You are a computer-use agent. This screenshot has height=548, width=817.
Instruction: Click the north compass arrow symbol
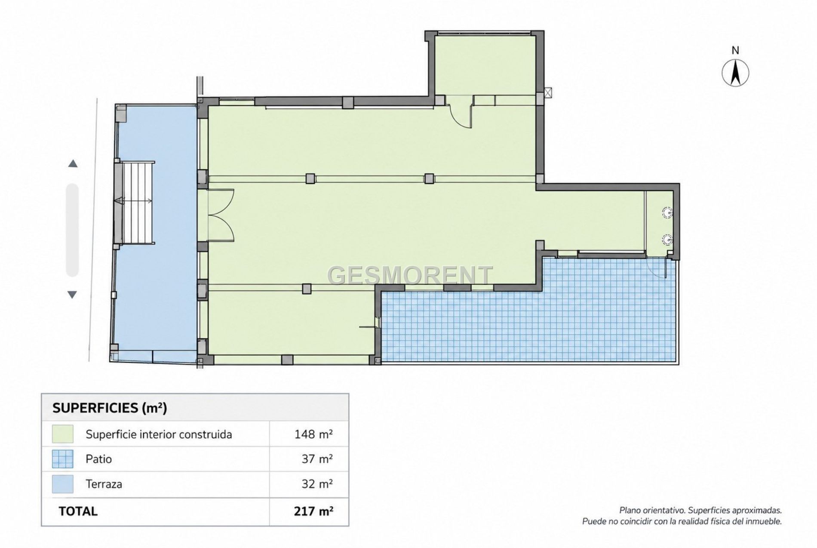pyautogui.click(x=735, y=73)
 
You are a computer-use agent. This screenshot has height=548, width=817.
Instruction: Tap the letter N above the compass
pyautogui.click(x=735, y=50)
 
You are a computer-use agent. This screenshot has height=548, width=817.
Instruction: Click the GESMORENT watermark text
pyautogui.click(x=410, y=275)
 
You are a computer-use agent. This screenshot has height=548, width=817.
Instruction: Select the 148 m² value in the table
pyautogui.click(x=313, y=434)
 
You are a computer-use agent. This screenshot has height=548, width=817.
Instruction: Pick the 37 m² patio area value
pyautogui.click(x=317, y=459)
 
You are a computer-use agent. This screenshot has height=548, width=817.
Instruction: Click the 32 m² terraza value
pyautogui.click(x=317, y=484)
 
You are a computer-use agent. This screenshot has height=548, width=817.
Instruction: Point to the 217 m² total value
pyautogui.click(x=313, y=511)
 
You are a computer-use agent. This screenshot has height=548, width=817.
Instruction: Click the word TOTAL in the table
pyautogui.click(x=78, y=511)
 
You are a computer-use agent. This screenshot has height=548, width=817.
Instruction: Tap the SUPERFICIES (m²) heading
pyautogui.click(x=110, y=408)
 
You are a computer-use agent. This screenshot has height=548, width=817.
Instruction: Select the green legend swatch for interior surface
pyautogui.click(x=62, y=434)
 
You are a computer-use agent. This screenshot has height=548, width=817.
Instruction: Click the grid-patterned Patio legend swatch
pyautogui.click(x=62, y=459)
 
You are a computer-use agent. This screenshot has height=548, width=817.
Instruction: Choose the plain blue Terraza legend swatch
pyautogui.click(x=62, y=484)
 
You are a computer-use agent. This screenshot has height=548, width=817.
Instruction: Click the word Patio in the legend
pyautogui.click(x=98, y=459)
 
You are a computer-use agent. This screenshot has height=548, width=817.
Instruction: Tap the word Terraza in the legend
pyautogui.click(x=104, y=484)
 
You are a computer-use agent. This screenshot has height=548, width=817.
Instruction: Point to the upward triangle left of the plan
pyautogui.click(x=73, y=163)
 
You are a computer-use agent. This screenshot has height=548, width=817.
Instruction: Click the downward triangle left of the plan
pyautogui.click(x=72, y=295)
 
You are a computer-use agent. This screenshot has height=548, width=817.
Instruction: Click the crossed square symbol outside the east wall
pyautogui.click(x=547, y=92)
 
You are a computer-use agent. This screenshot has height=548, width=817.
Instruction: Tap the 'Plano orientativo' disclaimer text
pyautogui.click(x=682, y=516)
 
